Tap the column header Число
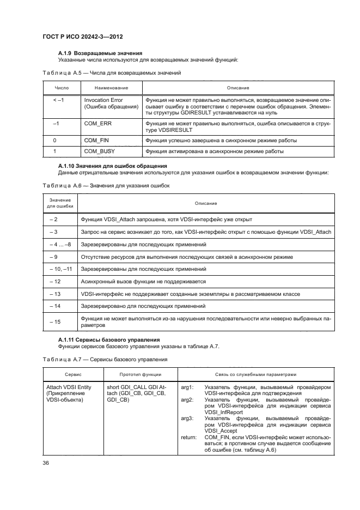(x=62, y=88)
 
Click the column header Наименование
(x=111, y=88)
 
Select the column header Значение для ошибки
(x=60, y=203)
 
